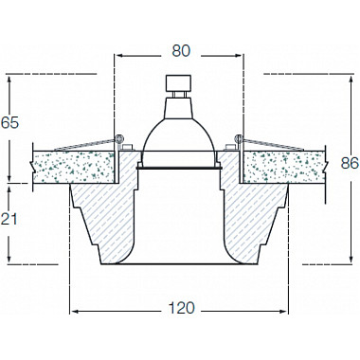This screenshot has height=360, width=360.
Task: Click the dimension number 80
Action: (181, 51)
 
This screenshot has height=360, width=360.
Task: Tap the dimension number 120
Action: (181, 308)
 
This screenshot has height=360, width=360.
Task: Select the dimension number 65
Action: (9, 122)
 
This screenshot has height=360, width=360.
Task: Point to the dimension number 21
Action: (9, 219)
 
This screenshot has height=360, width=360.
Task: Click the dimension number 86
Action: (350, 163)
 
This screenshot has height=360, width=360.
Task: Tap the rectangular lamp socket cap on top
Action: (179, 82)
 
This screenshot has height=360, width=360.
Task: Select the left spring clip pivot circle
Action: (119, 138)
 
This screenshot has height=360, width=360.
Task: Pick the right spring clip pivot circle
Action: (238, 138)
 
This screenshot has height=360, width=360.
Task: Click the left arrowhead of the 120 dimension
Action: (73, 312)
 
